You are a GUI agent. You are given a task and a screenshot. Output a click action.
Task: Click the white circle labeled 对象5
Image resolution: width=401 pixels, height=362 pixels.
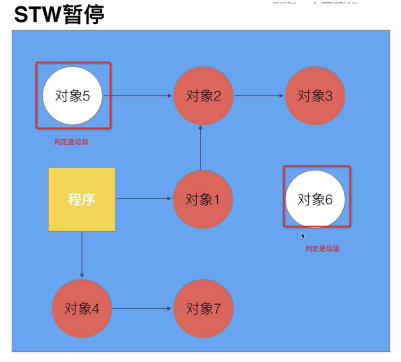pos(73,95)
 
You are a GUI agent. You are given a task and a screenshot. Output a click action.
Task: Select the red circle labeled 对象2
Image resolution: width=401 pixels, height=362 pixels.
pos(203,95)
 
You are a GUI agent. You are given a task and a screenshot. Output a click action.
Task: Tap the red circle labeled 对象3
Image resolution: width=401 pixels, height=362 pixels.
pos(315,95)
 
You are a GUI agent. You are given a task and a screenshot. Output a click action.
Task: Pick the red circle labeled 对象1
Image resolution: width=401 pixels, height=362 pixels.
pos(202,199)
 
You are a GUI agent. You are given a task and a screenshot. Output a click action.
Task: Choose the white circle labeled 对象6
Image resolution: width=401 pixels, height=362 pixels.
pos(315,199)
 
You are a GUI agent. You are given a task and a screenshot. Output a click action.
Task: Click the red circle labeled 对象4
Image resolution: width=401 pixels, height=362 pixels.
pos(82,308)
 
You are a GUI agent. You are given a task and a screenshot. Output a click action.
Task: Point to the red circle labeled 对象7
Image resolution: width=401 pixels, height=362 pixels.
pos(203,308)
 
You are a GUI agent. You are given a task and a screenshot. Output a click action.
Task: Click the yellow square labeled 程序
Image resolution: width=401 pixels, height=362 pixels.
pos(82,199)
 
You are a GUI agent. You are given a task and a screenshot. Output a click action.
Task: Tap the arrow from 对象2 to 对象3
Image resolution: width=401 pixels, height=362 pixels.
pos(259,95)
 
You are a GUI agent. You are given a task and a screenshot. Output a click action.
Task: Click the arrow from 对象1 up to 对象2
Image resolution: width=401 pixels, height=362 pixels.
pos(200,147)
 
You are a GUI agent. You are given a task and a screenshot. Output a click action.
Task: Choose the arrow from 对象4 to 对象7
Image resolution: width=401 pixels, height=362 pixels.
pos(142,308)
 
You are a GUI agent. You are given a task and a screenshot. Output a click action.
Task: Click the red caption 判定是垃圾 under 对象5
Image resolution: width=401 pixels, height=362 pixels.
pos(71,142)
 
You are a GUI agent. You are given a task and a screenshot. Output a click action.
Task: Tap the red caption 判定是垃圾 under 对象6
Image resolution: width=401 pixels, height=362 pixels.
pos(322,249)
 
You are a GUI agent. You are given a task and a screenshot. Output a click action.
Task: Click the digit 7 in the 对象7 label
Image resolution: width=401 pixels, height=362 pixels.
pos(217,308)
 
